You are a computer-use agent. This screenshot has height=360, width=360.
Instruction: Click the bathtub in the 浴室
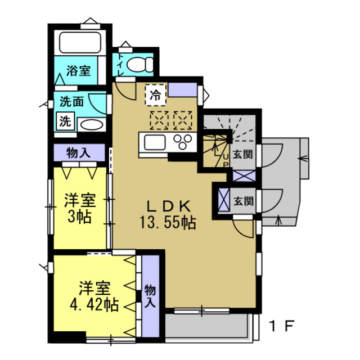pyautogui.click(x=79, y=43)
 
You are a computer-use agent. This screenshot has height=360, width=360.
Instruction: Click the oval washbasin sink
pyautogui.click(x=90, y=124)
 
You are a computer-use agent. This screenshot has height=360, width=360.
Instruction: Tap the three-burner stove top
pyautogui.click(x=183, y=141)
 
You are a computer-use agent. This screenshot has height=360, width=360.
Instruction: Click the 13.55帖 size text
pyautogui.click(x=168, y=222)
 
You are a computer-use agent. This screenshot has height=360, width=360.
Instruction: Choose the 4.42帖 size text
pyautogui.click(x=94, y=305)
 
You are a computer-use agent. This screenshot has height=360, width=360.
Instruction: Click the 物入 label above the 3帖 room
pyautogui.click(x=78, y=152)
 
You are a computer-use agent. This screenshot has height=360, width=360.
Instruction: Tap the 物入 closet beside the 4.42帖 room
pyautogui.click(x=150, y=295)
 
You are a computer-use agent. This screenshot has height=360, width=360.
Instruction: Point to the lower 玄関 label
pyautogui.click(x=243, y=201)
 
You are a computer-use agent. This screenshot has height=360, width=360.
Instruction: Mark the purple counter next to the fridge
pyautogui.click(x=182, y=90)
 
